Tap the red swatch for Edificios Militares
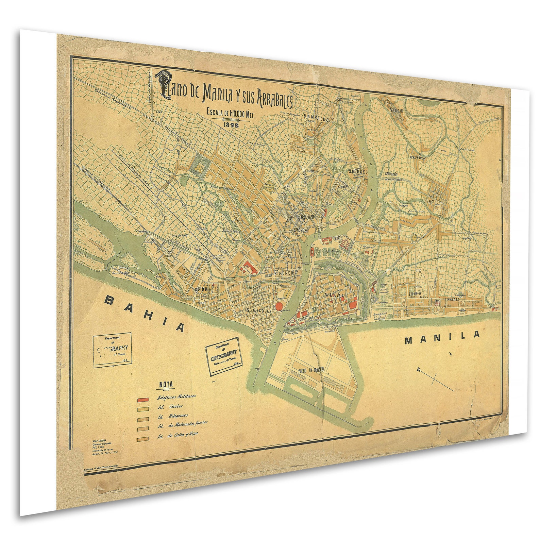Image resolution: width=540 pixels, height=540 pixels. (142, 399)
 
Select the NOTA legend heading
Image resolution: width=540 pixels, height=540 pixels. (165, 385)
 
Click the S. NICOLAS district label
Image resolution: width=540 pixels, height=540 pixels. (259, 310)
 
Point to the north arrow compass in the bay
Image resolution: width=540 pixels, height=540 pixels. (434, 377)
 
